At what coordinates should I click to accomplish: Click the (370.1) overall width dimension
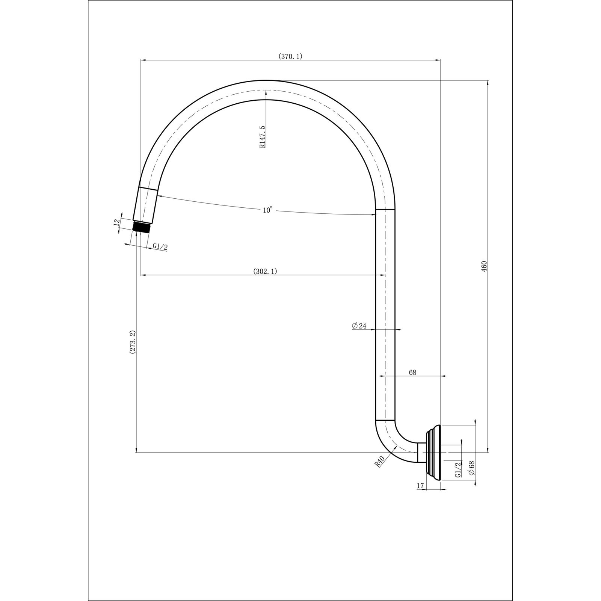pyautogui.click(x=290, y=56)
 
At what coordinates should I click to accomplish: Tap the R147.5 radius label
pyautogui.click(x=262, y=137)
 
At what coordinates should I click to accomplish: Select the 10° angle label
pyautogui.click(x=267, y=210)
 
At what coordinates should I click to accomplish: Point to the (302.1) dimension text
pyautogui.click(x=265, y=272)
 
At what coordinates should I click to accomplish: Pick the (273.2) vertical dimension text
pyautogui.click(x=132, y=342)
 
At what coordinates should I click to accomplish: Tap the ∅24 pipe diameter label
pyautogui.click(x=359, y=326)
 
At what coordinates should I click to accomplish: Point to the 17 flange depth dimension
pyautogui.click(x=420, y=486)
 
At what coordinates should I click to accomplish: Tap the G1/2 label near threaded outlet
pyautogui.click(x=160, y=246)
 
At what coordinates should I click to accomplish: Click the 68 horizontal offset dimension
pyautogui.click(x=412, y=372)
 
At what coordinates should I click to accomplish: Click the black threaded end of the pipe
pyautogui.click(x=142, y=227)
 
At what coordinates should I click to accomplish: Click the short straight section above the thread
pyautogui.click(x=145, y=205)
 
